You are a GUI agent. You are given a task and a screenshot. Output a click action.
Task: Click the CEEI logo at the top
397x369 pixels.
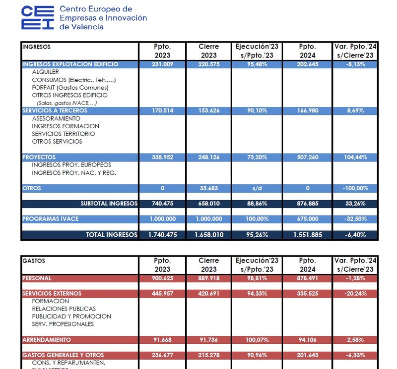pos(38,18)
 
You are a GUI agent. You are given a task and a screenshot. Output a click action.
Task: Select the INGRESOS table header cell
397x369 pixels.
pos(36,47)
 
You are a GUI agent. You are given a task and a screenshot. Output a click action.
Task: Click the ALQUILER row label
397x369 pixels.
pos(45,72)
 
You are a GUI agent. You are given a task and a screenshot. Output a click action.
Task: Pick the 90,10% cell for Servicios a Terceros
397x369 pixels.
pos(258,111)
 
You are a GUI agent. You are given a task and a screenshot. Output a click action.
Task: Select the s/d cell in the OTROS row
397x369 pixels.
pos(258,188)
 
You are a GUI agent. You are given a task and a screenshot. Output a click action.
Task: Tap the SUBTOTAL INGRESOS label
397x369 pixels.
pos(109,204)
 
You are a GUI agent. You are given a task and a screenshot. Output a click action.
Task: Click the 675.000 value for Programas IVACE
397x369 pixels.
pos(307,219)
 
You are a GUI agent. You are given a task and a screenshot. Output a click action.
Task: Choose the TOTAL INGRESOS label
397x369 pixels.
pos(112,234)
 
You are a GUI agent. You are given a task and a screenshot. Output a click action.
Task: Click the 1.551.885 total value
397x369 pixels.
pos(307,234)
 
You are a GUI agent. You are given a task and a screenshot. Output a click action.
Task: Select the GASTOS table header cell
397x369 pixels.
pos(33,260)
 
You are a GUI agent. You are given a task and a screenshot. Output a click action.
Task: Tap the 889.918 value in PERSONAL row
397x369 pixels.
pos(208,278)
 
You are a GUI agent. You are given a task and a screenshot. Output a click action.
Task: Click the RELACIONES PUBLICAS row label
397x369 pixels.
pos(64,309)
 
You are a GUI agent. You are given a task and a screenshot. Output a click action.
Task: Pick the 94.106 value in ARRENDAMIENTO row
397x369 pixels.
pos(307,340)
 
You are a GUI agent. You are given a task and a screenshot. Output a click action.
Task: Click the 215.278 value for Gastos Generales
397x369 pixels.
pos(208,355)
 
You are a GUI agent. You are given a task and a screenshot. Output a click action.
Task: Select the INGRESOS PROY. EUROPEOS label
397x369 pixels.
pos(71,165)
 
